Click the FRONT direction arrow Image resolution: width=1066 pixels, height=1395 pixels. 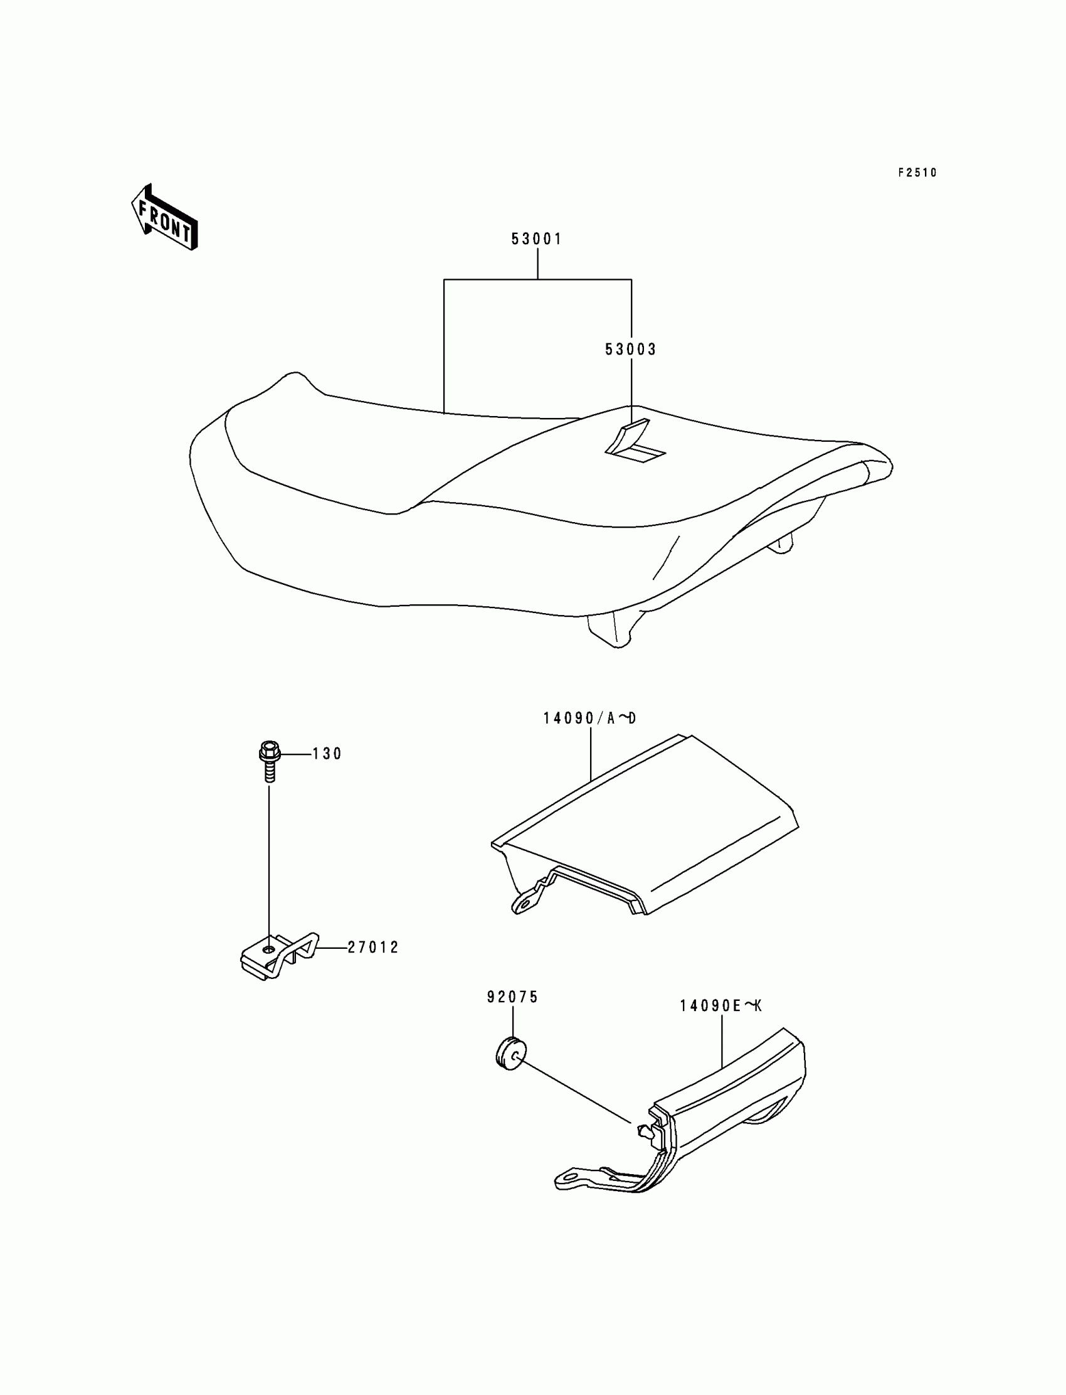(164, 217)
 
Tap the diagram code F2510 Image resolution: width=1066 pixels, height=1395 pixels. (917, 173)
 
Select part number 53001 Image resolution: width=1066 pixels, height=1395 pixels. (537, 239)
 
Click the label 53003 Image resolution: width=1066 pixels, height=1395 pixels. (630, 350)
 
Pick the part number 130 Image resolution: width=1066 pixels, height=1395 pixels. (327, 754)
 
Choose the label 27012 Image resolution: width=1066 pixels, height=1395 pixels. (373, 948)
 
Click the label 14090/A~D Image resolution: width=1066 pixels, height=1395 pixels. (589, 718)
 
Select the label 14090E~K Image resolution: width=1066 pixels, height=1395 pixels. (720, 1006)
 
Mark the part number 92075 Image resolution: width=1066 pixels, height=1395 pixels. (512, 998)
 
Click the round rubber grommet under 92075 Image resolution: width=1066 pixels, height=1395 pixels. (509, 1055)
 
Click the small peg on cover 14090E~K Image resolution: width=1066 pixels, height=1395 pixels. (642, 1130)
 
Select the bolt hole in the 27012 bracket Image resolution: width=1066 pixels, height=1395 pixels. (270, 950)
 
